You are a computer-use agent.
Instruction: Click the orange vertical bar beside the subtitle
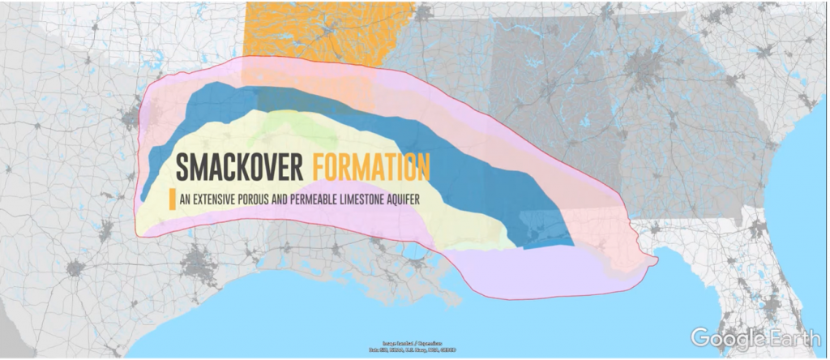click(x=171, y=199)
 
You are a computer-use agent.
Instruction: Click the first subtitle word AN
click(x=186, y=198)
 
